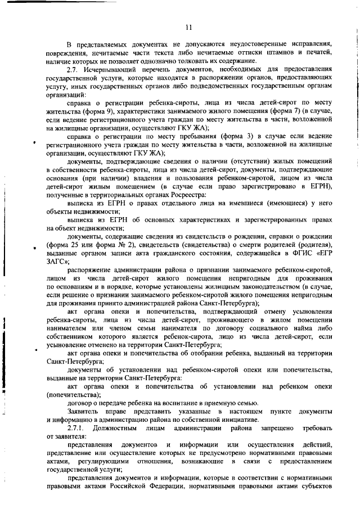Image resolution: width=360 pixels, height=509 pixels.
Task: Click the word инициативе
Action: pos(238,420)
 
